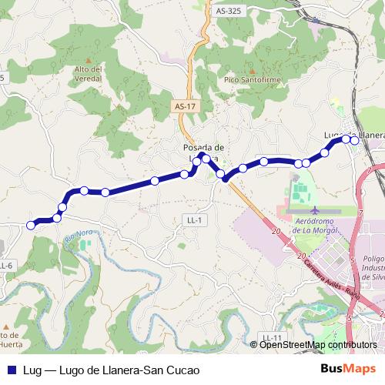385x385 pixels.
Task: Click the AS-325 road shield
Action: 228,12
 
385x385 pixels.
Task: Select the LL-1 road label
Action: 195,220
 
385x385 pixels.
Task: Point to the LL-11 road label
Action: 270,338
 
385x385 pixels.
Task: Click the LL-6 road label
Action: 6,266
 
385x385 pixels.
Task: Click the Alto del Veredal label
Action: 89,73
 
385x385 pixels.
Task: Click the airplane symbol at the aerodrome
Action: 314,210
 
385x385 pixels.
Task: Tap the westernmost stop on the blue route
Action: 31,225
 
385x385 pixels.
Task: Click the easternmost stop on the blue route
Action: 354,140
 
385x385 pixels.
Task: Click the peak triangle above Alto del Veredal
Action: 89,60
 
